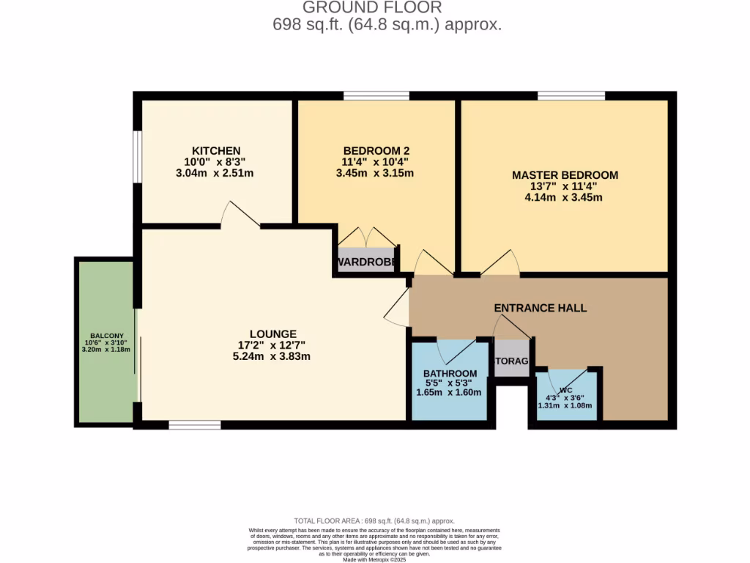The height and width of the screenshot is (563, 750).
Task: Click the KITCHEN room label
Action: click(216, 150)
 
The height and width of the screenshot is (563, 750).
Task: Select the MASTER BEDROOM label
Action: click(565, 175)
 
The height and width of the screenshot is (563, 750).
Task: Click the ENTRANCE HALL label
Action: click(541, 308)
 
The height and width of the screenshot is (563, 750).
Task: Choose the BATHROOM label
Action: click(450, 374)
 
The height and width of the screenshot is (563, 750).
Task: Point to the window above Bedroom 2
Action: click(376, 95)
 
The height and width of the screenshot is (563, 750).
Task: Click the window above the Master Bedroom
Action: click(571, 95)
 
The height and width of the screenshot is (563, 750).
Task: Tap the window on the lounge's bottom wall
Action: click(194, 424)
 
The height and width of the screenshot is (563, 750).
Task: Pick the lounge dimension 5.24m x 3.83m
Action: click(272, 357)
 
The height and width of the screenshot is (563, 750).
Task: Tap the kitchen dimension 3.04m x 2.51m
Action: click(216, 174)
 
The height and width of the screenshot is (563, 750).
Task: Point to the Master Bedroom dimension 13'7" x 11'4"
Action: click(565, 186)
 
